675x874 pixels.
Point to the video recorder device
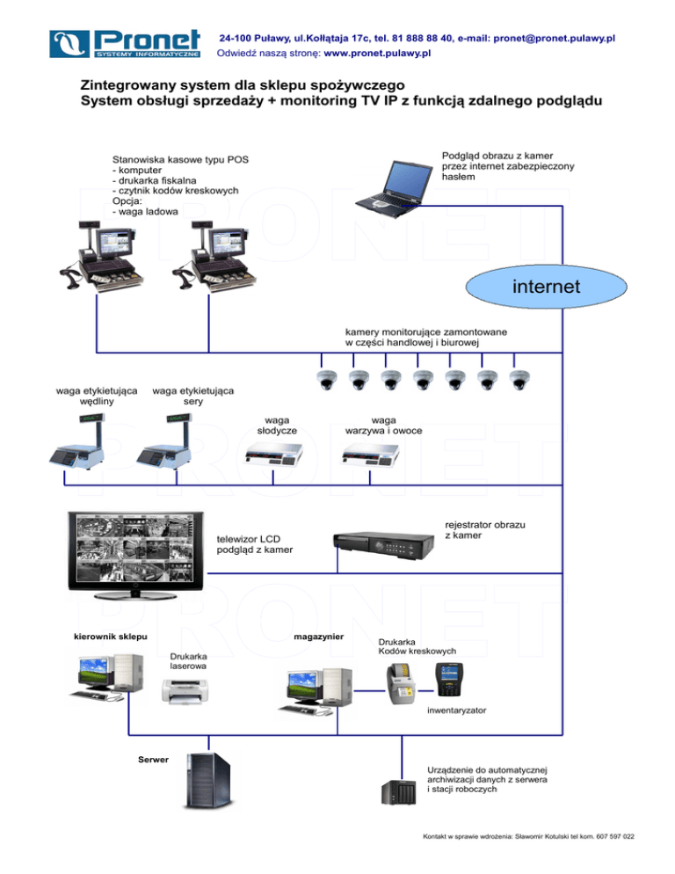[384, 542]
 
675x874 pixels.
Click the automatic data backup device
[397, 792]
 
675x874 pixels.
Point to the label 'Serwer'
[153, 758]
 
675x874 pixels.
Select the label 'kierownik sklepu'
[111, 636]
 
